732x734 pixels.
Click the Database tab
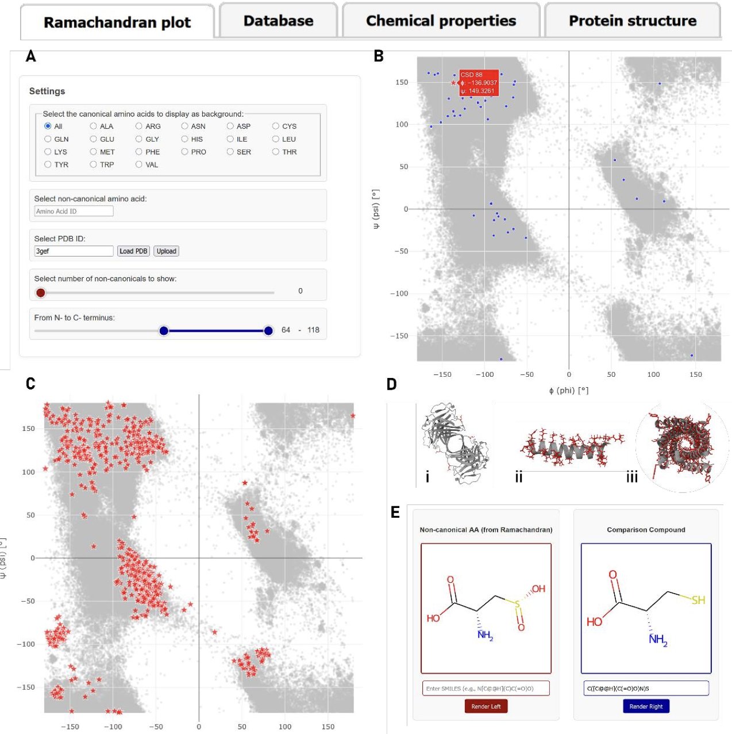coord(278,21)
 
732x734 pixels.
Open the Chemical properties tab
coord(441,21)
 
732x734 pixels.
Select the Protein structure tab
coord(632,21)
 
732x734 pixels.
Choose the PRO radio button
coord(185,152)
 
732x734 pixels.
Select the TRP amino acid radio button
coord(94,165)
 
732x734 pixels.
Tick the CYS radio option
coord(276,126)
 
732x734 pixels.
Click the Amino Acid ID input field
coord(74,211)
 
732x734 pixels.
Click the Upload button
coord(166,251)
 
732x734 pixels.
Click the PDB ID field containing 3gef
coord(74,251)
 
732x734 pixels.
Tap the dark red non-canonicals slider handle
coord(41,292)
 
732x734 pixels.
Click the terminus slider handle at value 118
coord(268,330)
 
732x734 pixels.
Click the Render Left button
coord(486,706)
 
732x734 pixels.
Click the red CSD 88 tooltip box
coord(478,83)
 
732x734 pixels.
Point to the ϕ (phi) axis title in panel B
coord(568,391)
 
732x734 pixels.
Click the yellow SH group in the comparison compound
coord(698,601)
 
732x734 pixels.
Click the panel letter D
coord(391,384)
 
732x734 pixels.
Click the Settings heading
coord(47,91)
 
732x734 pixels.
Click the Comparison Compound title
coord(646,530)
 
